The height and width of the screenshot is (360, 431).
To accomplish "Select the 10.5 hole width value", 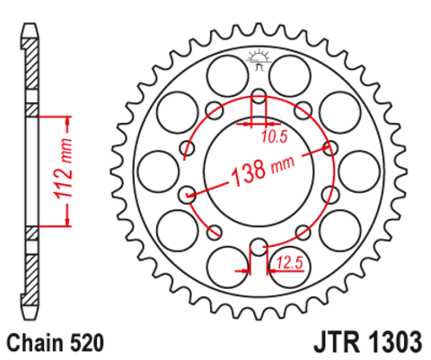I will [x=275, y=137].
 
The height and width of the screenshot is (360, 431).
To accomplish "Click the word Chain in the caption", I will [x=39, y=342].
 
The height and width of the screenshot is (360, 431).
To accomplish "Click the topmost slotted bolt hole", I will [x=259, y=97].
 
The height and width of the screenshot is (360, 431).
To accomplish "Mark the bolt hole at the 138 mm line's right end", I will [x=331, y=149].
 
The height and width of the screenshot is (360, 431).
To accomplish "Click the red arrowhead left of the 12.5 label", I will [x=270, y=268].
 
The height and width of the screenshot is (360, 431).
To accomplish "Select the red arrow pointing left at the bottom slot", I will [x=243, y=268].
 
